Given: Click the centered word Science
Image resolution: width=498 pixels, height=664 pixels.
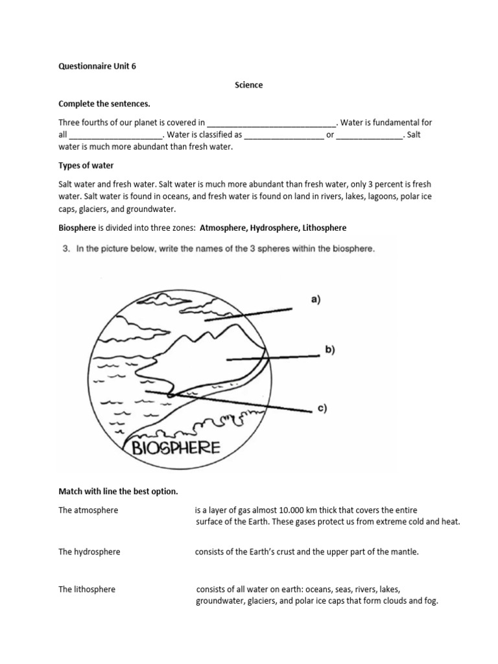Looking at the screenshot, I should coord(248,85).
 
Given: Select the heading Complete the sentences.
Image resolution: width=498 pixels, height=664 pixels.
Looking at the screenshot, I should coord(99,104).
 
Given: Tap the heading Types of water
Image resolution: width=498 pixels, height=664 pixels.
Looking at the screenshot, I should coord(86,165).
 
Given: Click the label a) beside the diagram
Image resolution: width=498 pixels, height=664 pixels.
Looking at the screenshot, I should coord(316,299).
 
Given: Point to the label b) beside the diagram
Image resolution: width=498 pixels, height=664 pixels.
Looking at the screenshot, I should coord(330,350).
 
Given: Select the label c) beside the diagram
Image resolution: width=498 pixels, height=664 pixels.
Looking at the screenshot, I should coord(322,408).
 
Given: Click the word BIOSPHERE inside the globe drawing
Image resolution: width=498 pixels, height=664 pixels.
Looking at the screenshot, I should coord(176,447).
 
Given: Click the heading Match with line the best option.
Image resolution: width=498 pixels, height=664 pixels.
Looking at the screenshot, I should coord(118,492).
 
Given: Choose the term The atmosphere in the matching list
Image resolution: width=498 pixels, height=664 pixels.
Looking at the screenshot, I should coord(88,510).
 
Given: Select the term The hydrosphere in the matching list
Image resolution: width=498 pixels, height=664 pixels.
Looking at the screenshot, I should coord(89,552).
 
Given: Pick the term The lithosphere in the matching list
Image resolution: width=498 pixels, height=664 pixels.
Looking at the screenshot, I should coord(87,589).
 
